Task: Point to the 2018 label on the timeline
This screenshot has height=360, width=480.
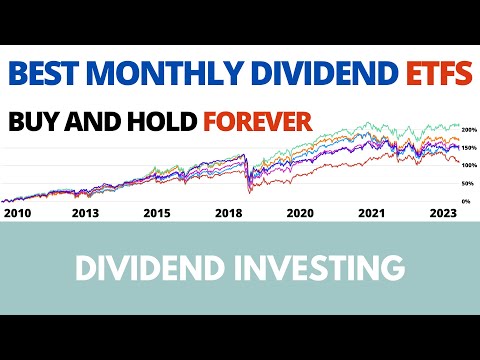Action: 229,212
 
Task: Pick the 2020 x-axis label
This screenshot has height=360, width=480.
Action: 300,212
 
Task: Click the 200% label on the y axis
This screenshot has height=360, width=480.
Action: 467,130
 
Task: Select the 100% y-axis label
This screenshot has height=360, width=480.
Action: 467,165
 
